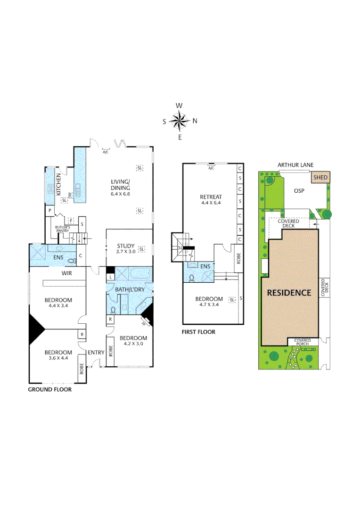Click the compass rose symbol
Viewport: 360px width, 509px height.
(x=180, y=121)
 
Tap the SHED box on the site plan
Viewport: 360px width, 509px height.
(x=320, y=178)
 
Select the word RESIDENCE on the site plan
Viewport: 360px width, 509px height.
(x=289, y=292)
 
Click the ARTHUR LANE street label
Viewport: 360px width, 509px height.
(x=295, y=165)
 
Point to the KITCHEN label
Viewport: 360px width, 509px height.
(x=59, y=184)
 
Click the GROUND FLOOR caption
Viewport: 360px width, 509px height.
(x=49, y=389)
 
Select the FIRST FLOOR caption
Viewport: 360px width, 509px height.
(x=198, y=332)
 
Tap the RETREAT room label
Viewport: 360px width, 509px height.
(x=211, y=197)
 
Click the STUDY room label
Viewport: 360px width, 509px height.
(x=126, y=246)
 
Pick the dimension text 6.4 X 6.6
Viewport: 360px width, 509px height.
(x=120, y=194)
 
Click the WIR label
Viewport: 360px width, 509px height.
(x=66, y=273)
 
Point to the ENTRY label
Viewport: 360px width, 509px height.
(x=96, y=352)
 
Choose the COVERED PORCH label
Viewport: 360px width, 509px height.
(x=303, y=342)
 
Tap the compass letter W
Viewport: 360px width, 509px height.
(x=179, y=106)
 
